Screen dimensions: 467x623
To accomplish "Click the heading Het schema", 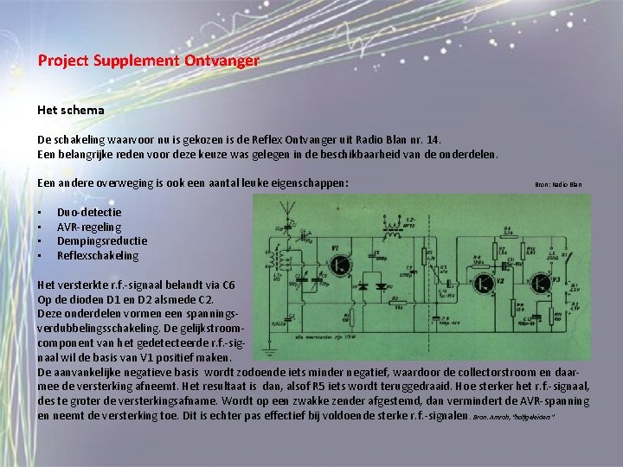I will click(71, 110).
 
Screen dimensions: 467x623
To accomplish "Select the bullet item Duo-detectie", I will click(89, 212).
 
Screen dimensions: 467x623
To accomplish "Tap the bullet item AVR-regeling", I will click(89, 227).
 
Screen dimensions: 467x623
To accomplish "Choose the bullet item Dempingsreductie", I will click(102, 241).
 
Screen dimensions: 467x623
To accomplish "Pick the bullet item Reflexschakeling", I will click(98, 256).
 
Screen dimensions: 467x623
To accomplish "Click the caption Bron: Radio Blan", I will click(558, 184).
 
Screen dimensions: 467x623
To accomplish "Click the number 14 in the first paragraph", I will click(444, 139).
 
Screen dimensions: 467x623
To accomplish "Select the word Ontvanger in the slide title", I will click(222, 61).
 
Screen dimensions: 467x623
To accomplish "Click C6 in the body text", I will click(228, 285).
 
